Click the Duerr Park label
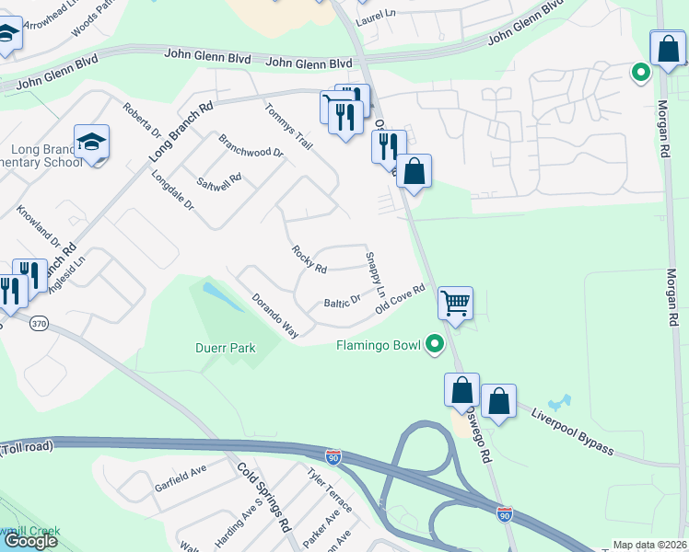click(225, 348)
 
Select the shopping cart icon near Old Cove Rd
click(455, 302)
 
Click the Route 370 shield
click(39, 323)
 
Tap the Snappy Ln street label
click(376, 274)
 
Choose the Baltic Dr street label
click(342, 302)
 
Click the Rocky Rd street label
click(309, 259)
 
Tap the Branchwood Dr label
click(251, 146)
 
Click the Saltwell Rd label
click(223, 178)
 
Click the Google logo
click(30, 540)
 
